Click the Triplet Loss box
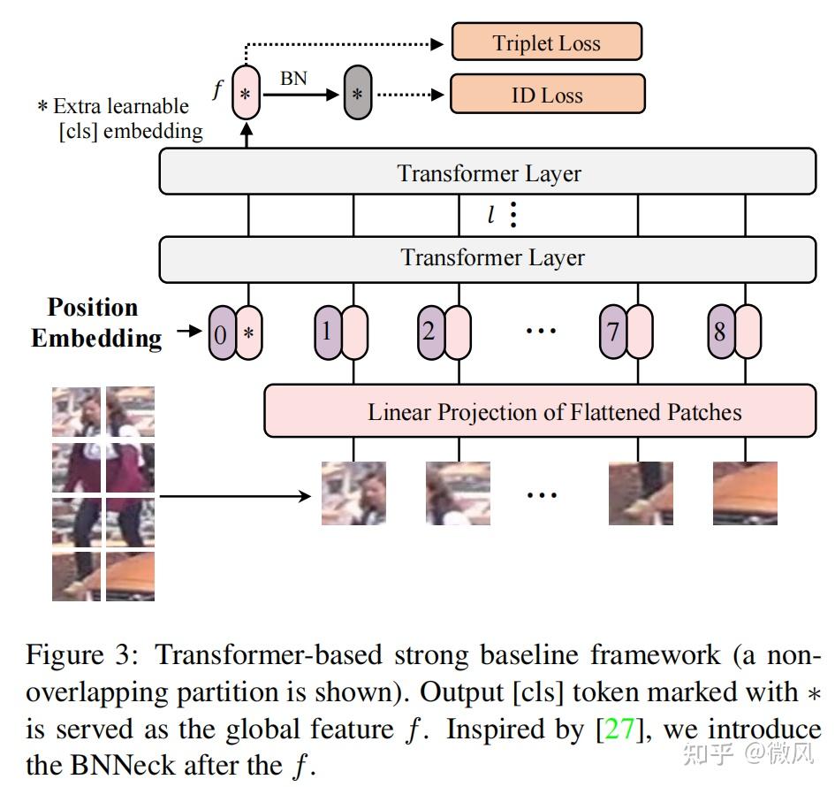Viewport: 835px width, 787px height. (x=546, y=42)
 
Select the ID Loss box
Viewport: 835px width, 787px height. (x=547, y=94)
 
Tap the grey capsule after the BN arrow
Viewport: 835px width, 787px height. (x=357, y=93)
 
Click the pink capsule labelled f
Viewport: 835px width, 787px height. (x=247, y=93)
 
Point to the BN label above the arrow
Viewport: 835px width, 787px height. (x=293, y=78)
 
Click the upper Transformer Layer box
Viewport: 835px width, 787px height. (x=488, y=172)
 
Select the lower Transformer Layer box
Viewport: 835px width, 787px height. (x=488, y=257)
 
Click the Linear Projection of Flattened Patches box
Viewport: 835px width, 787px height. (x=540, y=411)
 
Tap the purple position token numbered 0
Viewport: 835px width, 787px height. (x=221, y=333)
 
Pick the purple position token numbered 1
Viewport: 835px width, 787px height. (x=328, y=332)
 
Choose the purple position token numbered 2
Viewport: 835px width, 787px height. (x=430, y=332)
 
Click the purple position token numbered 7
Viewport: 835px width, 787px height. (x=612, y=332)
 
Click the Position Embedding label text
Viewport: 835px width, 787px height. (x=95, y=323)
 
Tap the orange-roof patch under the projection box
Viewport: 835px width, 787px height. (x=745, y=493)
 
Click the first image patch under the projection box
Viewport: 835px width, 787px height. (x=353, y=493)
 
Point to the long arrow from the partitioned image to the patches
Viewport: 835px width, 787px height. (x=234, y=495)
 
